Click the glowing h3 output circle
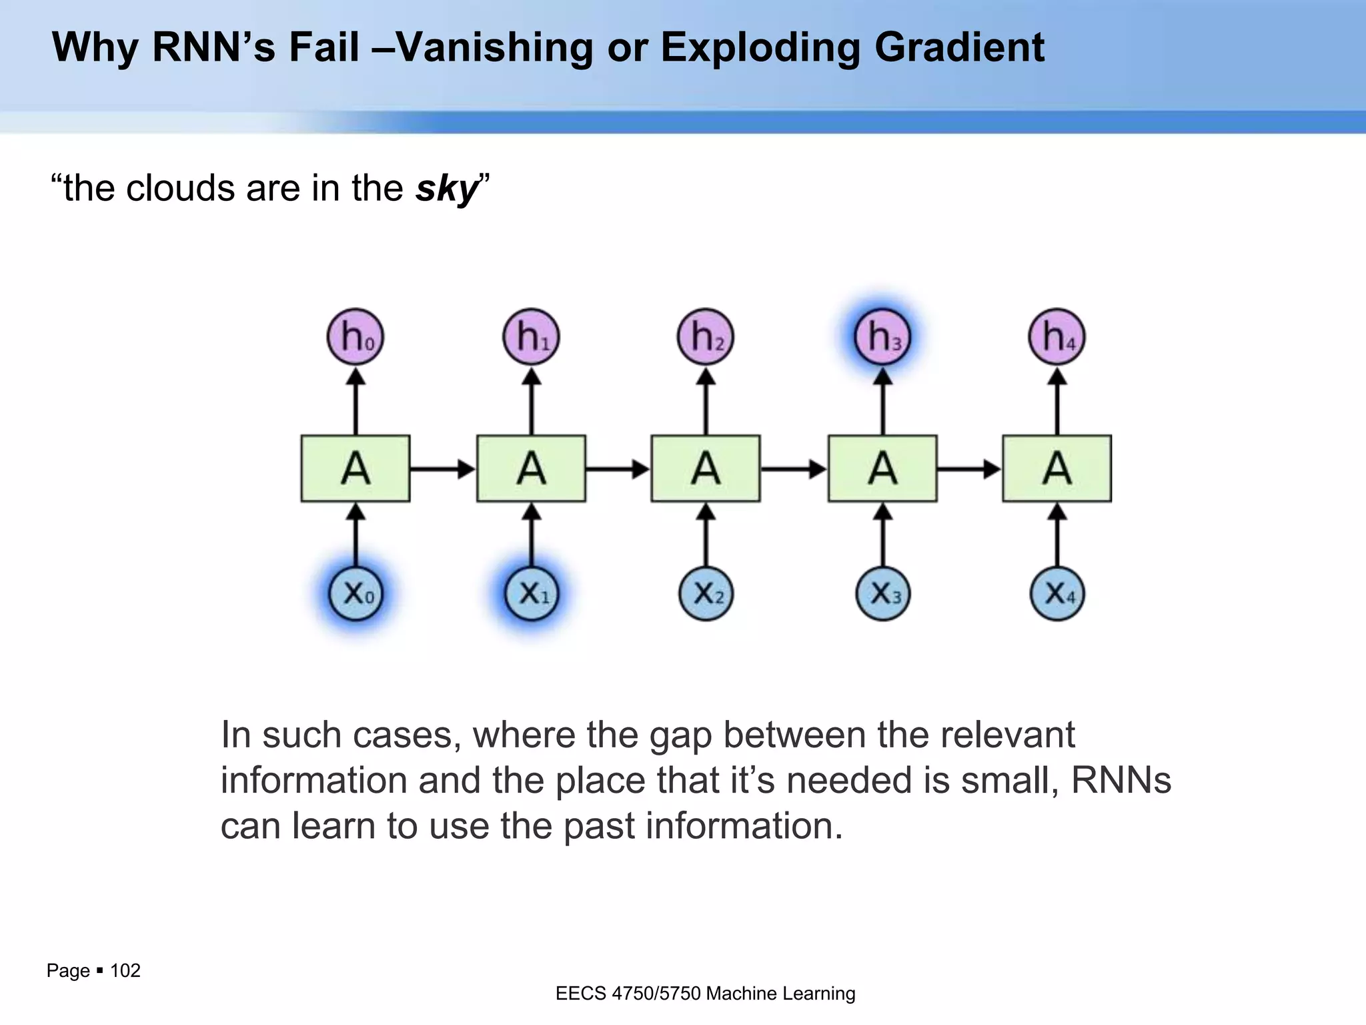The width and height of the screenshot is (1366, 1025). point(882,336)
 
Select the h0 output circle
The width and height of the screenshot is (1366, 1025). point(356,336)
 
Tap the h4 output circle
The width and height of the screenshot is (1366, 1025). point(1057,336)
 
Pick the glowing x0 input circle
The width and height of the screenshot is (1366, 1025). point(356,593)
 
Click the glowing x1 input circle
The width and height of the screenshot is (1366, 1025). point(532,593)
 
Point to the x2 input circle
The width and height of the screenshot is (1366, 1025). point(706,593)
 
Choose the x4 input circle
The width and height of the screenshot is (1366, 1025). point(1057,593)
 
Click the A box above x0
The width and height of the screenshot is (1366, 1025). point(356,468)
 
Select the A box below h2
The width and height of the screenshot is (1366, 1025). point(706,468)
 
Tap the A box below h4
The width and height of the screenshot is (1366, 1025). point(1057,468)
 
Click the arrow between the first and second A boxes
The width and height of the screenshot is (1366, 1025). point(443,469)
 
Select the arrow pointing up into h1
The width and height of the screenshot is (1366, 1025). point(532,400)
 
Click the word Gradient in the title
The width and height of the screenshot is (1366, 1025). point(959,48)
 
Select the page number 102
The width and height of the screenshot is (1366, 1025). point(125,970)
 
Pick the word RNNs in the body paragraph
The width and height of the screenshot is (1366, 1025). point(1121,780)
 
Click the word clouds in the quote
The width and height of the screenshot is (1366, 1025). point(179,189)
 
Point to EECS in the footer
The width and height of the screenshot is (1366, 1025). point(581,994)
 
